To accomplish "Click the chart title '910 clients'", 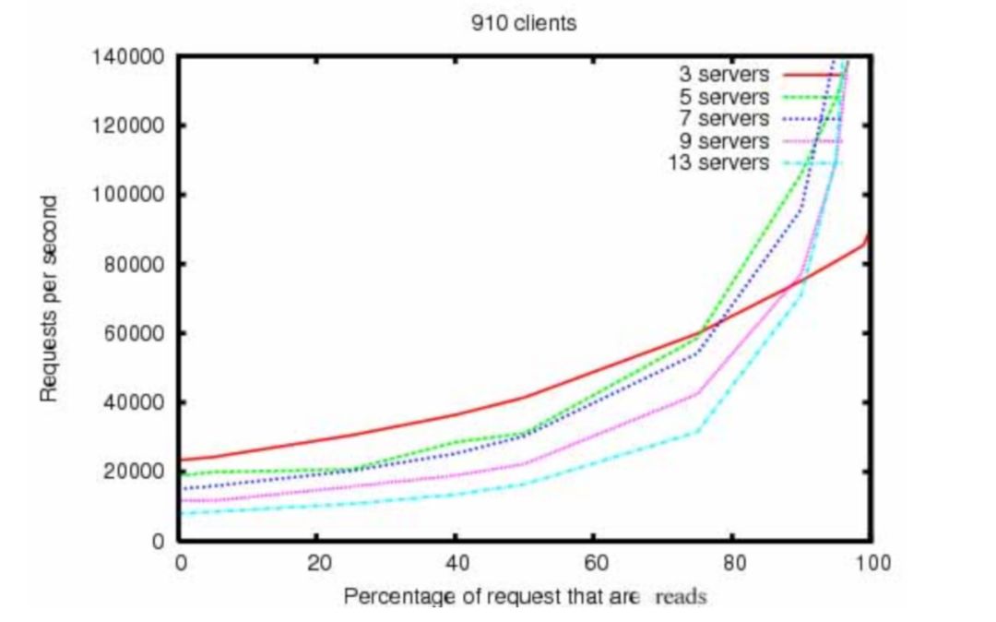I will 523,23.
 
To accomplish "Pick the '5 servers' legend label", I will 725,97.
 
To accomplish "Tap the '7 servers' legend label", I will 725,119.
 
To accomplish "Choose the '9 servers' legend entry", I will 725,141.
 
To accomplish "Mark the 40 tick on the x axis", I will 455,562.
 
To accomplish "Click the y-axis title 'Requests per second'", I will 50,298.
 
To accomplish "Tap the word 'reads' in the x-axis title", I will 681,596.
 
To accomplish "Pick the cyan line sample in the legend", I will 812,163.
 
